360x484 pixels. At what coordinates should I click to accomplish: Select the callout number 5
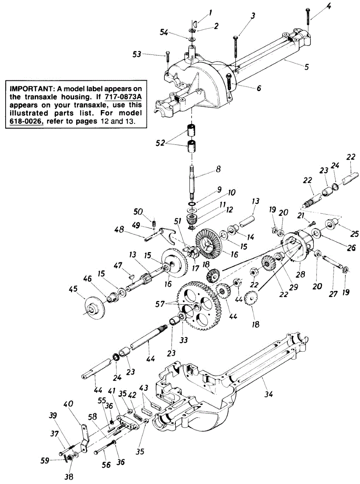[307, 67]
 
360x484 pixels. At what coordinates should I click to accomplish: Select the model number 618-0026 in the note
[24, 121]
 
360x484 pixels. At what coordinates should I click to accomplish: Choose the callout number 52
[160, 143]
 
